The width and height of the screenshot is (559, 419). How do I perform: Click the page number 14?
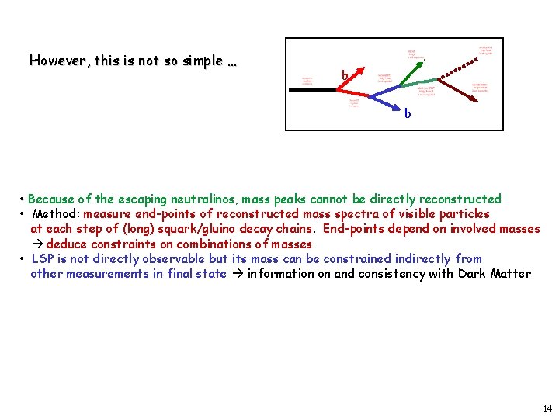click(x=547, y=408)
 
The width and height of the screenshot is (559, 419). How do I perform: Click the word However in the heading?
click(x=58, y=61)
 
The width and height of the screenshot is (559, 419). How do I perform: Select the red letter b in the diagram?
click(x=344, y=76)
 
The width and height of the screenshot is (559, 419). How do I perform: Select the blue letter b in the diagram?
click(x=408, y=113)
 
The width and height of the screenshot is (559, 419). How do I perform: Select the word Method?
click(x=57, y=213)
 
